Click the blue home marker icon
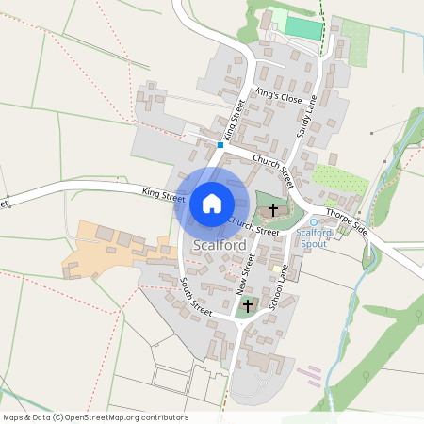211,203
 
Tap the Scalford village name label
220,246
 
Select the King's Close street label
279,97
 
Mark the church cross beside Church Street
274,209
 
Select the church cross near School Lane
249,305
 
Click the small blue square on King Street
220,145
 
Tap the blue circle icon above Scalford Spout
314,221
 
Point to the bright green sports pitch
303,27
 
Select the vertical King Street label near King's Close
234,122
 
